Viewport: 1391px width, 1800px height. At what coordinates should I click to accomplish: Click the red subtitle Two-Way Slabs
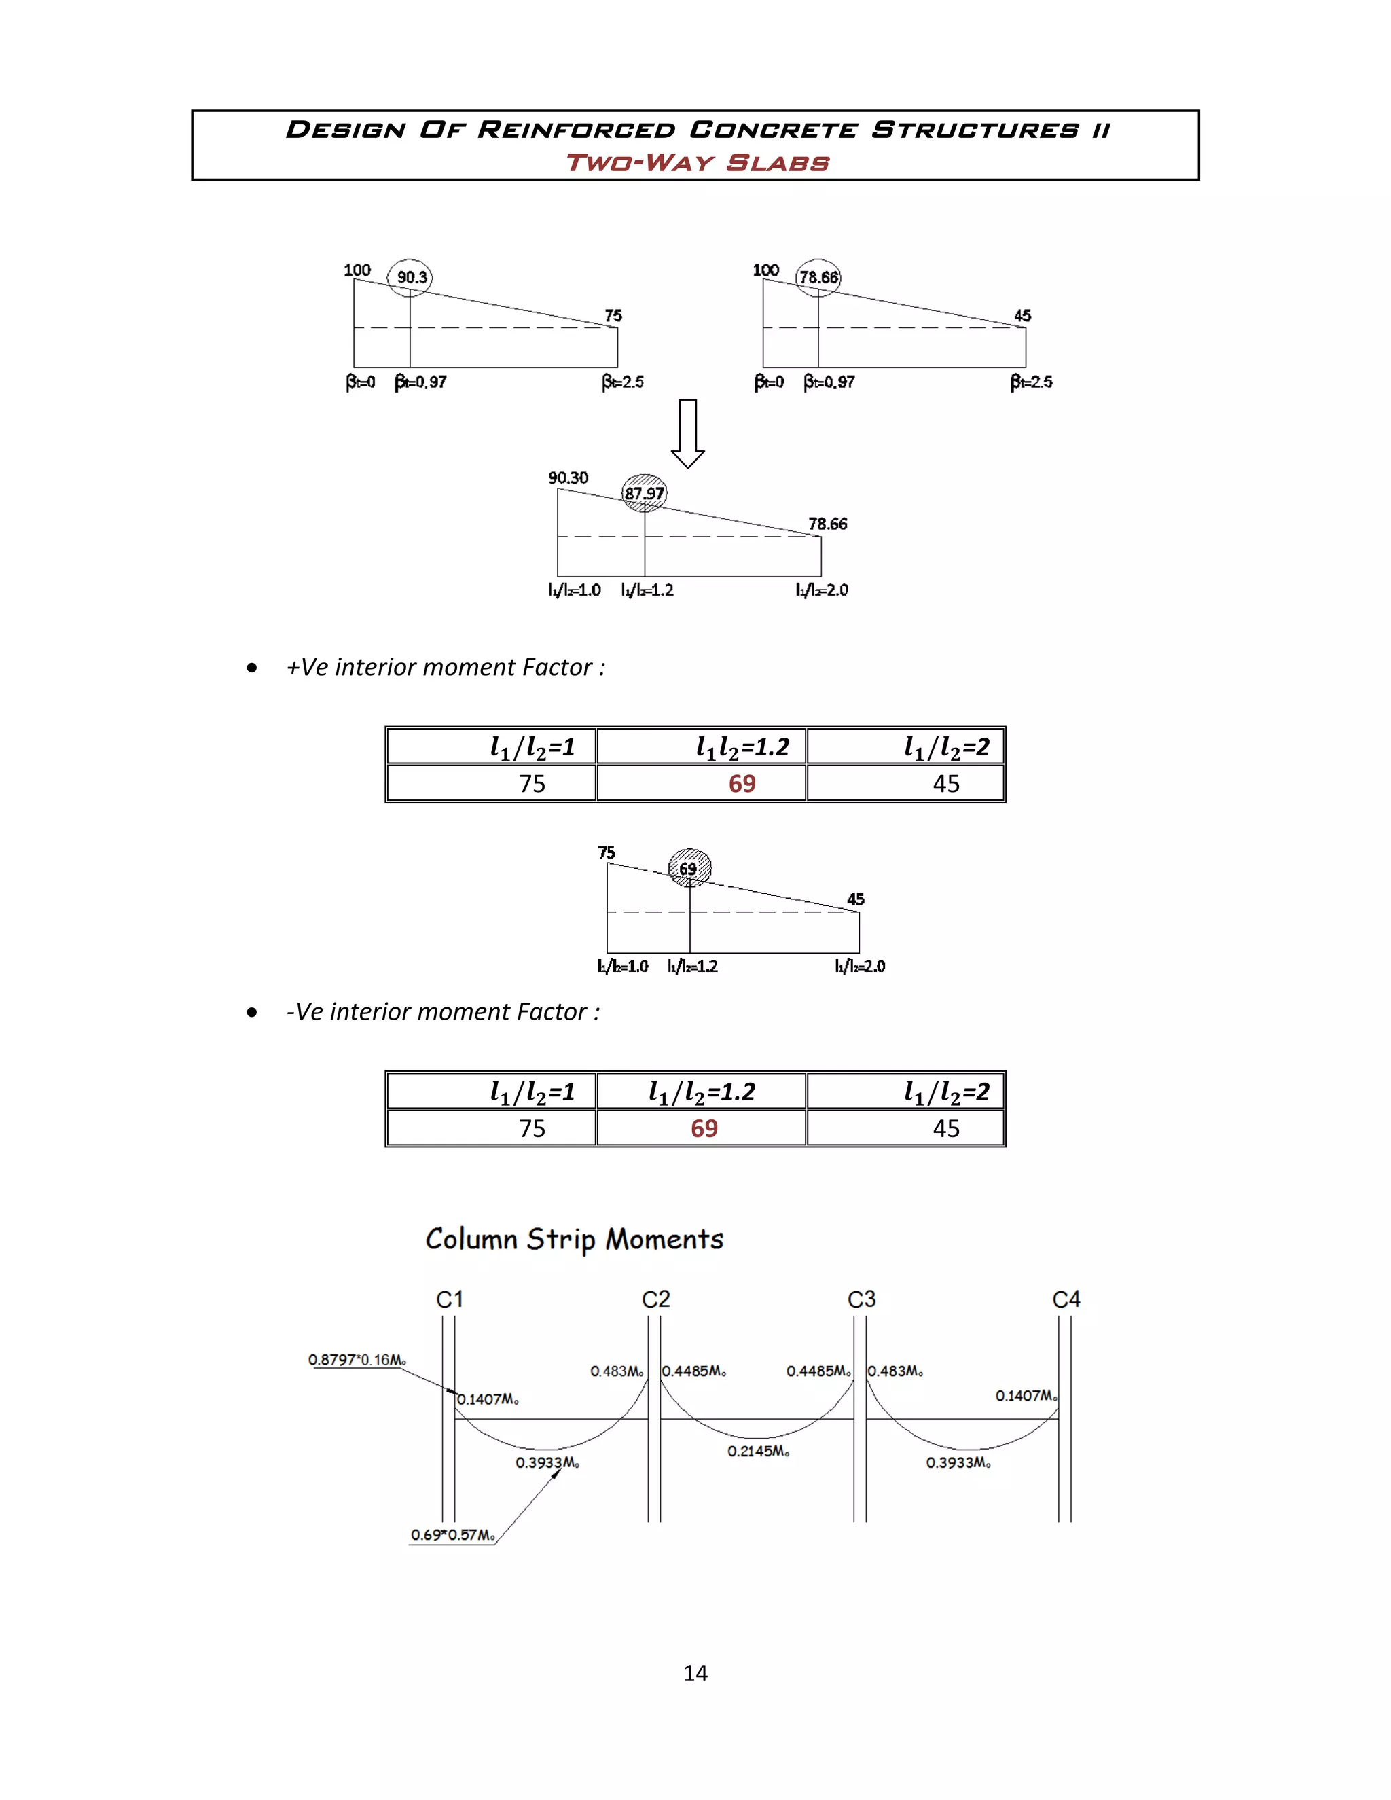[697, 162]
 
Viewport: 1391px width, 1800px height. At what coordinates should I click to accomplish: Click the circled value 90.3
[410, 277]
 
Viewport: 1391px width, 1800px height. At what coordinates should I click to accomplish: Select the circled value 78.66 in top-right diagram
[818, 277]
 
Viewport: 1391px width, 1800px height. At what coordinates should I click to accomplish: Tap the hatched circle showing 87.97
[644, 494]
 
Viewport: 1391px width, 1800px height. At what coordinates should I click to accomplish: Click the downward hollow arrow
[687, 433]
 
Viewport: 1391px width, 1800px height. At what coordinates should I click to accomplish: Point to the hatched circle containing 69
[689, 869]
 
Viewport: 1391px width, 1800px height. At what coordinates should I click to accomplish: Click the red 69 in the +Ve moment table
[742, 784]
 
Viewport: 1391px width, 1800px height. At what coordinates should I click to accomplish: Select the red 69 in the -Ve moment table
[704, 1128]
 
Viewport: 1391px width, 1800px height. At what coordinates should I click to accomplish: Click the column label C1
[450, 1299]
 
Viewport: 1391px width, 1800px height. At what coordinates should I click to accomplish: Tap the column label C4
[1066, 1299]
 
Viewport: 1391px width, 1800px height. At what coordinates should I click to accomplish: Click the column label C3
[861, 1299]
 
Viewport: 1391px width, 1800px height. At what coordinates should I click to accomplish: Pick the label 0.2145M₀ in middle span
[758, 1452]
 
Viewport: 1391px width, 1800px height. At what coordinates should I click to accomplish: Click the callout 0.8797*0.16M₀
[357, 1360]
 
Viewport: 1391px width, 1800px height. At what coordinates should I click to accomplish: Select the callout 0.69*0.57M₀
[452, 1534]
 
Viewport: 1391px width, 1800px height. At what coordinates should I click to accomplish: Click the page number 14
[695, 1673]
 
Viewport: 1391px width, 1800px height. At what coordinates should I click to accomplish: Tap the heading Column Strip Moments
[575, 1240]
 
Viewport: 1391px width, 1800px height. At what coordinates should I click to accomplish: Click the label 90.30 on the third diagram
[568, 478]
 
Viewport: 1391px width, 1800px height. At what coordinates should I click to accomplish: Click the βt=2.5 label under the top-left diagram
[622, 382]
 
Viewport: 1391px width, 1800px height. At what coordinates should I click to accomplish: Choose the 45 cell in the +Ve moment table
[945, 784]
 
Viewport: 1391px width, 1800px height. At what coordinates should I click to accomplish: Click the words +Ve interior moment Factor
[445, 667]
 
